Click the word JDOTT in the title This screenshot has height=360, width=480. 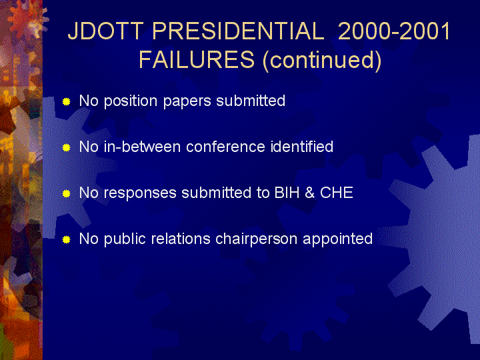[105, 31]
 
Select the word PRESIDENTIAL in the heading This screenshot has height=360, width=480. [238, 31]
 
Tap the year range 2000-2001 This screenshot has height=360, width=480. [394, 31]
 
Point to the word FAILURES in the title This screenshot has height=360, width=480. [197, 59]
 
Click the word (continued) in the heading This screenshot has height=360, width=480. [322, 60]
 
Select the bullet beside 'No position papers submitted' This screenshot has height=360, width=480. [67, 101]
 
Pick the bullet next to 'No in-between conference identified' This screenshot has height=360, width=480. [67, 148]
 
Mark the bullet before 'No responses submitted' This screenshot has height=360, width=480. [67, 194]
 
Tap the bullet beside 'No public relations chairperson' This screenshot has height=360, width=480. [67, 240]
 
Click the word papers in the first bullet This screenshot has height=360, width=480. [187, 102]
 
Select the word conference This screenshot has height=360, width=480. [225, 147]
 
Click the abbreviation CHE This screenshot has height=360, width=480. [337, 193]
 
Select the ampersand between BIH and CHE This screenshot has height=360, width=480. [309, 193]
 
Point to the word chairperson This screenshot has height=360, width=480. [256, 239]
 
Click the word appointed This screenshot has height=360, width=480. [337, 240]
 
